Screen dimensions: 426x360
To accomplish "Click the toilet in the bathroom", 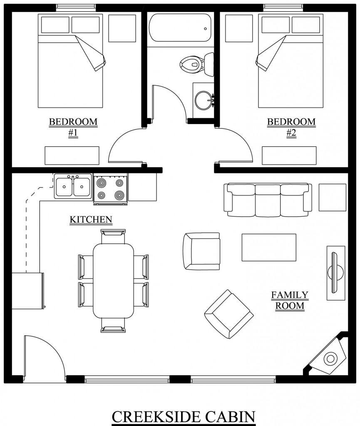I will [x=192, y=64].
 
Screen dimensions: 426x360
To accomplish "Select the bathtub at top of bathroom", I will [x=179, y=28].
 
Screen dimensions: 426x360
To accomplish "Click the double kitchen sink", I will [x=73, y=186].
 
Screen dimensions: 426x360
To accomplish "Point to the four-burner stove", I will [x=110, y=188].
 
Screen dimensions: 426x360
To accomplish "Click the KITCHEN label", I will [x=91, y=219].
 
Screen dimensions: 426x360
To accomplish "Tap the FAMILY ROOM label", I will [x=290, y=300].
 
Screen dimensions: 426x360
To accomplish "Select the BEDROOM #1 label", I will [x=73, y=127].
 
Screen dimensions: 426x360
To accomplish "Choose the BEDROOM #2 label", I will [x=291, y=127].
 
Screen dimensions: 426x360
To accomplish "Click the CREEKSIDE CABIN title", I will [x=183, y=416].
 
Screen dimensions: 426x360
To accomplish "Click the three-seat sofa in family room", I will [x=268, y=200].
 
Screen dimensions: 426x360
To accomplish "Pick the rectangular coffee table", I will [x=269, y=247].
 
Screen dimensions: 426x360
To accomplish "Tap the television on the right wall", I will [x=335, y=272].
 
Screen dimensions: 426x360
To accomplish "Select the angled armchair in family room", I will [x=228, y=314].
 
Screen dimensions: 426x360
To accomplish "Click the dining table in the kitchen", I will [x=113, y=280].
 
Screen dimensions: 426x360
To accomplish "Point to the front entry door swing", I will [x=44, y=356].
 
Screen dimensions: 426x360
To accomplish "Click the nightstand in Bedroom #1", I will [x=122, y=28].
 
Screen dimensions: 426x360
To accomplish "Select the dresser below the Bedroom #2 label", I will [x=289, y=155].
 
